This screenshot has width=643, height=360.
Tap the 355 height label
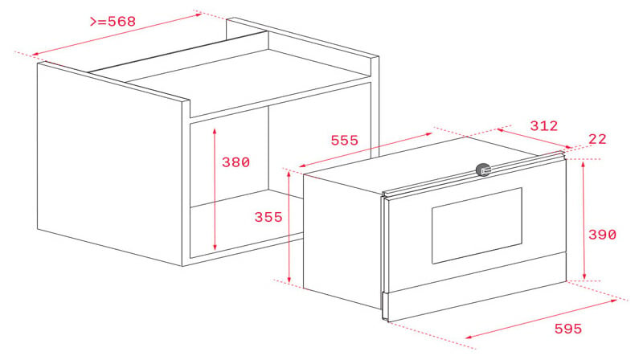point(268,218)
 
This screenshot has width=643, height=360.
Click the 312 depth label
point(543,126)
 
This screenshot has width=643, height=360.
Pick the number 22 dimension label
point(598,139)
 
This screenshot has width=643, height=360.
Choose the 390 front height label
point(601,235)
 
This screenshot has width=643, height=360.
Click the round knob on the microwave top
point(482,170)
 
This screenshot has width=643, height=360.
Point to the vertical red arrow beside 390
point(584,219)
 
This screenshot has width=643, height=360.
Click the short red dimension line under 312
point(534,138)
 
